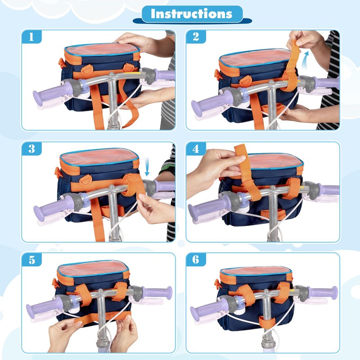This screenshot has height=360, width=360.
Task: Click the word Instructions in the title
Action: pyautogui.click(x=192, y=14)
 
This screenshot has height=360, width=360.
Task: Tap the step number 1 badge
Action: pyautogui.click(x=31, y=37)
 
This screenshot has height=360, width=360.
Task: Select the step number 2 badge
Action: pyautogui.click(x=196, y=37)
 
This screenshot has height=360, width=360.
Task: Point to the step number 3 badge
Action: pyautogui.click(x=31, y=149)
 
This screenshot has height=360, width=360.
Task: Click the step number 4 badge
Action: pyautogui.click(x=196, y=149)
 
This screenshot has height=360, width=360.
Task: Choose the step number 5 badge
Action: pyautogui.click(x=31, y=260)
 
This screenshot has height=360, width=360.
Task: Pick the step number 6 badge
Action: pyautogui.click(x=196, y=260)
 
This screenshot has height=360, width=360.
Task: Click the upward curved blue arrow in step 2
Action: pyautogui.click(x=305, y=60)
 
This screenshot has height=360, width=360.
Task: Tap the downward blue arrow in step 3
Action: pyautogui.click(x=147, y=167)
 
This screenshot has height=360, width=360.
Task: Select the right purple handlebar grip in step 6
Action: pyautogui.click(x=323, y=293)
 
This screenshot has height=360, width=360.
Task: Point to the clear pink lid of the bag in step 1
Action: pyautogui.click(x=103, y=49)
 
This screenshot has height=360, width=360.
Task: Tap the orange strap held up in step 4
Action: pyautogui.click(x=247, y=171)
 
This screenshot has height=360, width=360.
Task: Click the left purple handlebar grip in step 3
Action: pyautogui.click(x=53, y=206)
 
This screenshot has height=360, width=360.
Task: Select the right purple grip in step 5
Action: pyautogui.click(x=157, y=293)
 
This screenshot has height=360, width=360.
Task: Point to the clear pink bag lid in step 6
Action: pyautogui.click(x=256, y=271)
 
